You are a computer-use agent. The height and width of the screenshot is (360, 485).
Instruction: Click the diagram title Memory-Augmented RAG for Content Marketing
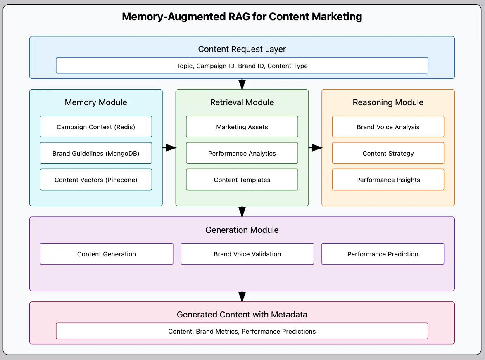tap(242, 17)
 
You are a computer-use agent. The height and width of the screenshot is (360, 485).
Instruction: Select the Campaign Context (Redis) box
tap(96, 127)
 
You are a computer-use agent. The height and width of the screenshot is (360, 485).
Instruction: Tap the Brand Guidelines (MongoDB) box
tap(96, 153)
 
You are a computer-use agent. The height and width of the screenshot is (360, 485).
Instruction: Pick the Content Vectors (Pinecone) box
tap(96, 180)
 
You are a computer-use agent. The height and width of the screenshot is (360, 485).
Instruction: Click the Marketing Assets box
tap(242, 127)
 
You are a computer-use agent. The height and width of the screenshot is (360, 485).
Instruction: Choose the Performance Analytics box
tap(242, 153)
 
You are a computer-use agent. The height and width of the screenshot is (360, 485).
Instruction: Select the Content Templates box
tap(242, 180)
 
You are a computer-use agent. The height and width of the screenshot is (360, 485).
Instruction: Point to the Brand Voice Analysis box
tap(388, 127)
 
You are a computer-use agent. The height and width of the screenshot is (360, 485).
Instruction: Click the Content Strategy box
tap(388, 153)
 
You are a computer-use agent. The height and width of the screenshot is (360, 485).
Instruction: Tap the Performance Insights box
tap(388, 180)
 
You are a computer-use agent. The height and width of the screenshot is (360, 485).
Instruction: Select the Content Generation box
tap(107, 254)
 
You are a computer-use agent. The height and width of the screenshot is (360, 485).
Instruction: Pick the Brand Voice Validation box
tap(247, 254)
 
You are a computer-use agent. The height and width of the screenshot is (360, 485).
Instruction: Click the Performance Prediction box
tap(383, 254)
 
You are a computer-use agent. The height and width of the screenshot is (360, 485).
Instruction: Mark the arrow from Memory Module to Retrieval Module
tap(169, 148)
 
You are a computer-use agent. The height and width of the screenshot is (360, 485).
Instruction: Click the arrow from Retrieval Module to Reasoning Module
tap(315, 148)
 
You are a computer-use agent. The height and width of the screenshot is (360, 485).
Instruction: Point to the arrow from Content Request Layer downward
tap(242, 84)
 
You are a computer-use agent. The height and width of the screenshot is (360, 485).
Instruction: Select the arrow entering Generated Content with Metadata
tap(242, 296)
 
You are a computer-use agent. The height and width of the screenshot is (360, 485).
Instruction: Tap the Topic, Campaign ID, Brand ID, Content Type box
tap(242, 66)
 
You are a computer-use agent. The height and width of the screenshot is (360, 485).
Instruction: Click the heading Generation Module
tap(242, 230)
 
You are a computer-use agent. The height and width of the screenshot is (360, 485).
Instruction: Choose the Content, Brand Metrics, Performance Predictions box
tap(242, 331)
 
